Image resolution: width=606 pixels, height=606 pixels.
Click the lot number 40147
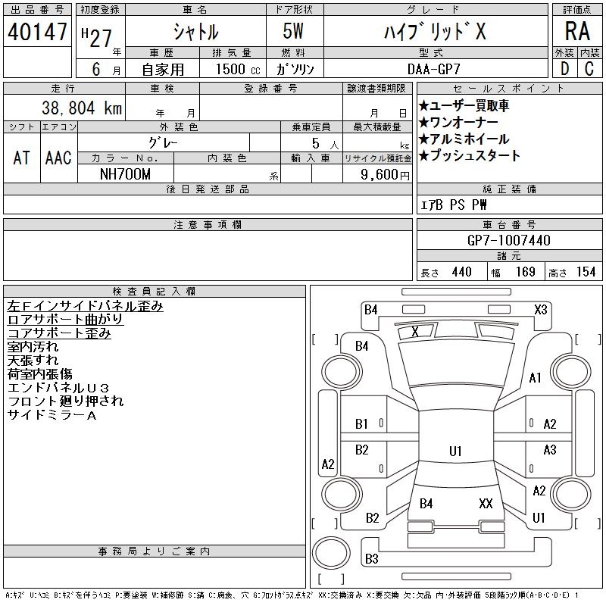[x=38, y=32]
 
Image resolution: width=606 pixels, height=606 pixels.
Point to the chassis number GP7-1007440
[x=509, y=240]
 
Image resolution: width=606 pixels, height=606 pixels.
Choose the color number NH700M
[x=125, y=173]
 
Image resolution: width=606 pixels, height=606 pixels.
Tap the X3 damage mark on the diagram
[x=541, y=309]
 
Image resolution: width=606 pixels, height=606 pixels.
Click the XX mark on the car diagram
[x=486, y=503]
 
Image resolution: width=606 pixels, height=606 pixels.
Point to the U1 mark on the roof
[x=455, y=451]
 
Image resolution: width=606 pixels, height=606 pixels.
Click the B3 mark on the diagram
[x=371, y=559]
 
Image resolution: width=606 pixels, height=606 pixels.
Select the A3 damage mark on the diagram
[x=550, y=450]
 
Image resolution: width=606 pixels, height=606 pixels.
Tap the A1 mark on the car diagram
[x=536, y=377]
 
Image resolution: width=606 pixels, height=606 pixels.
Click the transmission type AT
[x=22, y=158]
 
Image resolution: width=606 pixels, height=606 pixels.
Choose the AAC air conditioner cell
[x=58, y=158]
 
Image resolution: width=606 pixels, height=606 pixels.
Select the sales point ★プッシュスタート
[x=470, y=155]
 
